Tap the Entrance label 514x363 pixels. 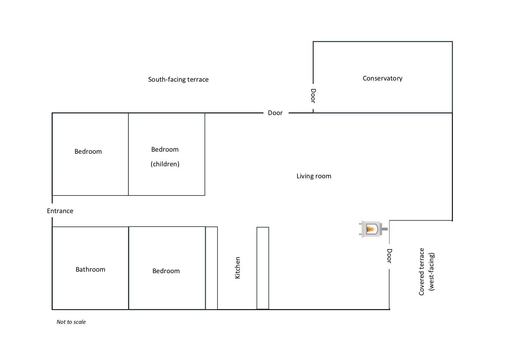60,211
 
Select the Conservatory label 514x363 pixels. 382,78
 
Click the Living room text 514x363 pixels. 314,176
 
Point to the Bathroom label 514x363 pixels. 90,269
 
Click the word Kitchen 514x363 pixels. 238,268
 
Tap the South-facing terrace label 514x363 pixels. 178,79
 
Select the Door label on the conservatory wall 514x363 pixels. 313,96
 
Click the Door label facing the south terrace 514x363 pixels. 275,113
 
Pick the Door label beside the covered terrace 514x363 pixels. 389,256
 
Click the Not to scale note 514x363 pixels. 71,322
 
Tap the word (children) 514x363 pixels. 165,164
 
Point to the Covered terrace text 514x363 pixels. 422,272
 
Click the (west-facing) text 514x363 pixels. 431,272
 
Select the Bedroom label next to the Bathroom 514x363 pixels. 166,271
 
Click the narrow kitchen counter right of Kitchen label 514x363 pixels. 263,268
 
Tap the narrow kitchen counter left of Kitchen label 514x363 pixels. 212,268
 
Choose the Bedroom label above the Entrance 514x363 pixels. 88,151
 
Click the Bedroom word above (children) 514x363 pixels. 165,149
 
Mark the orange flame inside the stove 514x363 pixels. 370,229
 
